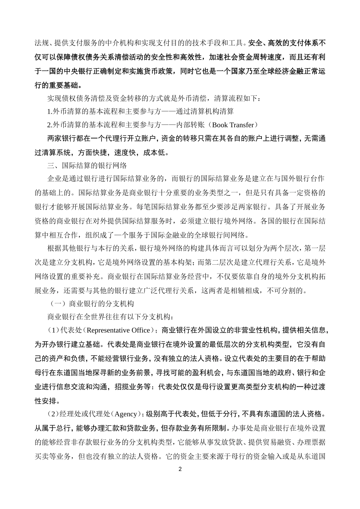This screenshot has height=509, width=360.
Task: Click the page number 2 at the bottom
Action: (x=180, y=469)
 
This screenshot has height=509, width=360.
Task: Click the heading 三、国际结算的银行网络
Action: (x=87, y=166)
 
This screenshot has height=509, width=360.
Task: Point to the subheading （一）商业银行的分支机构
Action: (x=92, y=304)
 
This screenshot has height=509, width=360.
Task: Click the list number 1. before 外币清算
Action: (x=50, y=111)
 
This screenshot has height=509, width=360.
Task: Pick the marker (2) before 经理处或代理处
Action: (x=53, y=414)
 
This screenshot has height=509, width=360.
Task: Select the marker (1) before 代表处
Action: (x=53, y=330)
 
